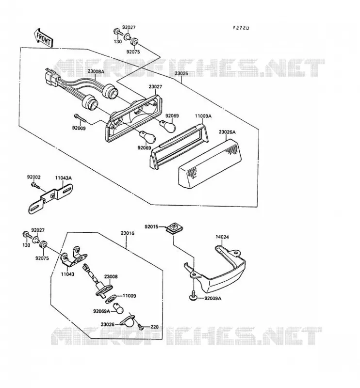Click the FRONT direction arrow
(43, 37)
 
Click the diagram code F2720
(241, 28)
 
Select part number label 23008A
(96, 72)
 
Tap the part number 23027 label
(155, 87)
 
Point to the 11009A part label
(203, 116)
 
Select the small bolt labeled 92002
(35, 185)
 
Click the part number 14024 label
(222, 237)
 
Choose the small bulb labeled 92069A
(118, 308)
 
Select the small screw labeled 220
(141, 326)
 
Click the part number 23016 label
(128, 233)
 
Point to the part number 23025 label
(181, 74)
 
